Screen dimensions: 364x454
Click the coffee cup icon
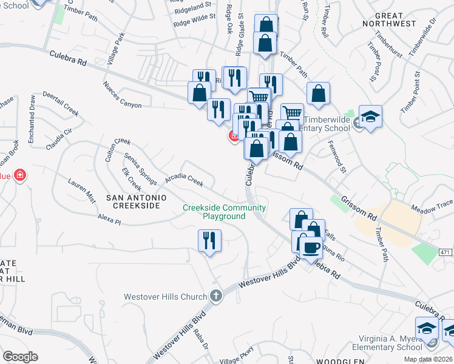pos(311,248)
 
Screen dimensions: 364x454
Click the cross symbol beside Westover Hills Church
pos(215,296)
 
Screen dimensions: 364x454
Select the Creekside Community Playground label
pos(224,212)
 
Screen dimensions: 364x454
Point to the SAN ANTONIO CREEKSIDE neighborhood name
pos(133,201)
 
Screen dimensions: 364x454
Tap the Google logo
pos(20,357)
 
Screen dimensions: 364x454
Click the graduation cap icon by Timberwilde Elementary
pos(370,116)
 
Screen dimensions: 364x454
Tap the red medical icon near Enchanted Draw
pos(20,175)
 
